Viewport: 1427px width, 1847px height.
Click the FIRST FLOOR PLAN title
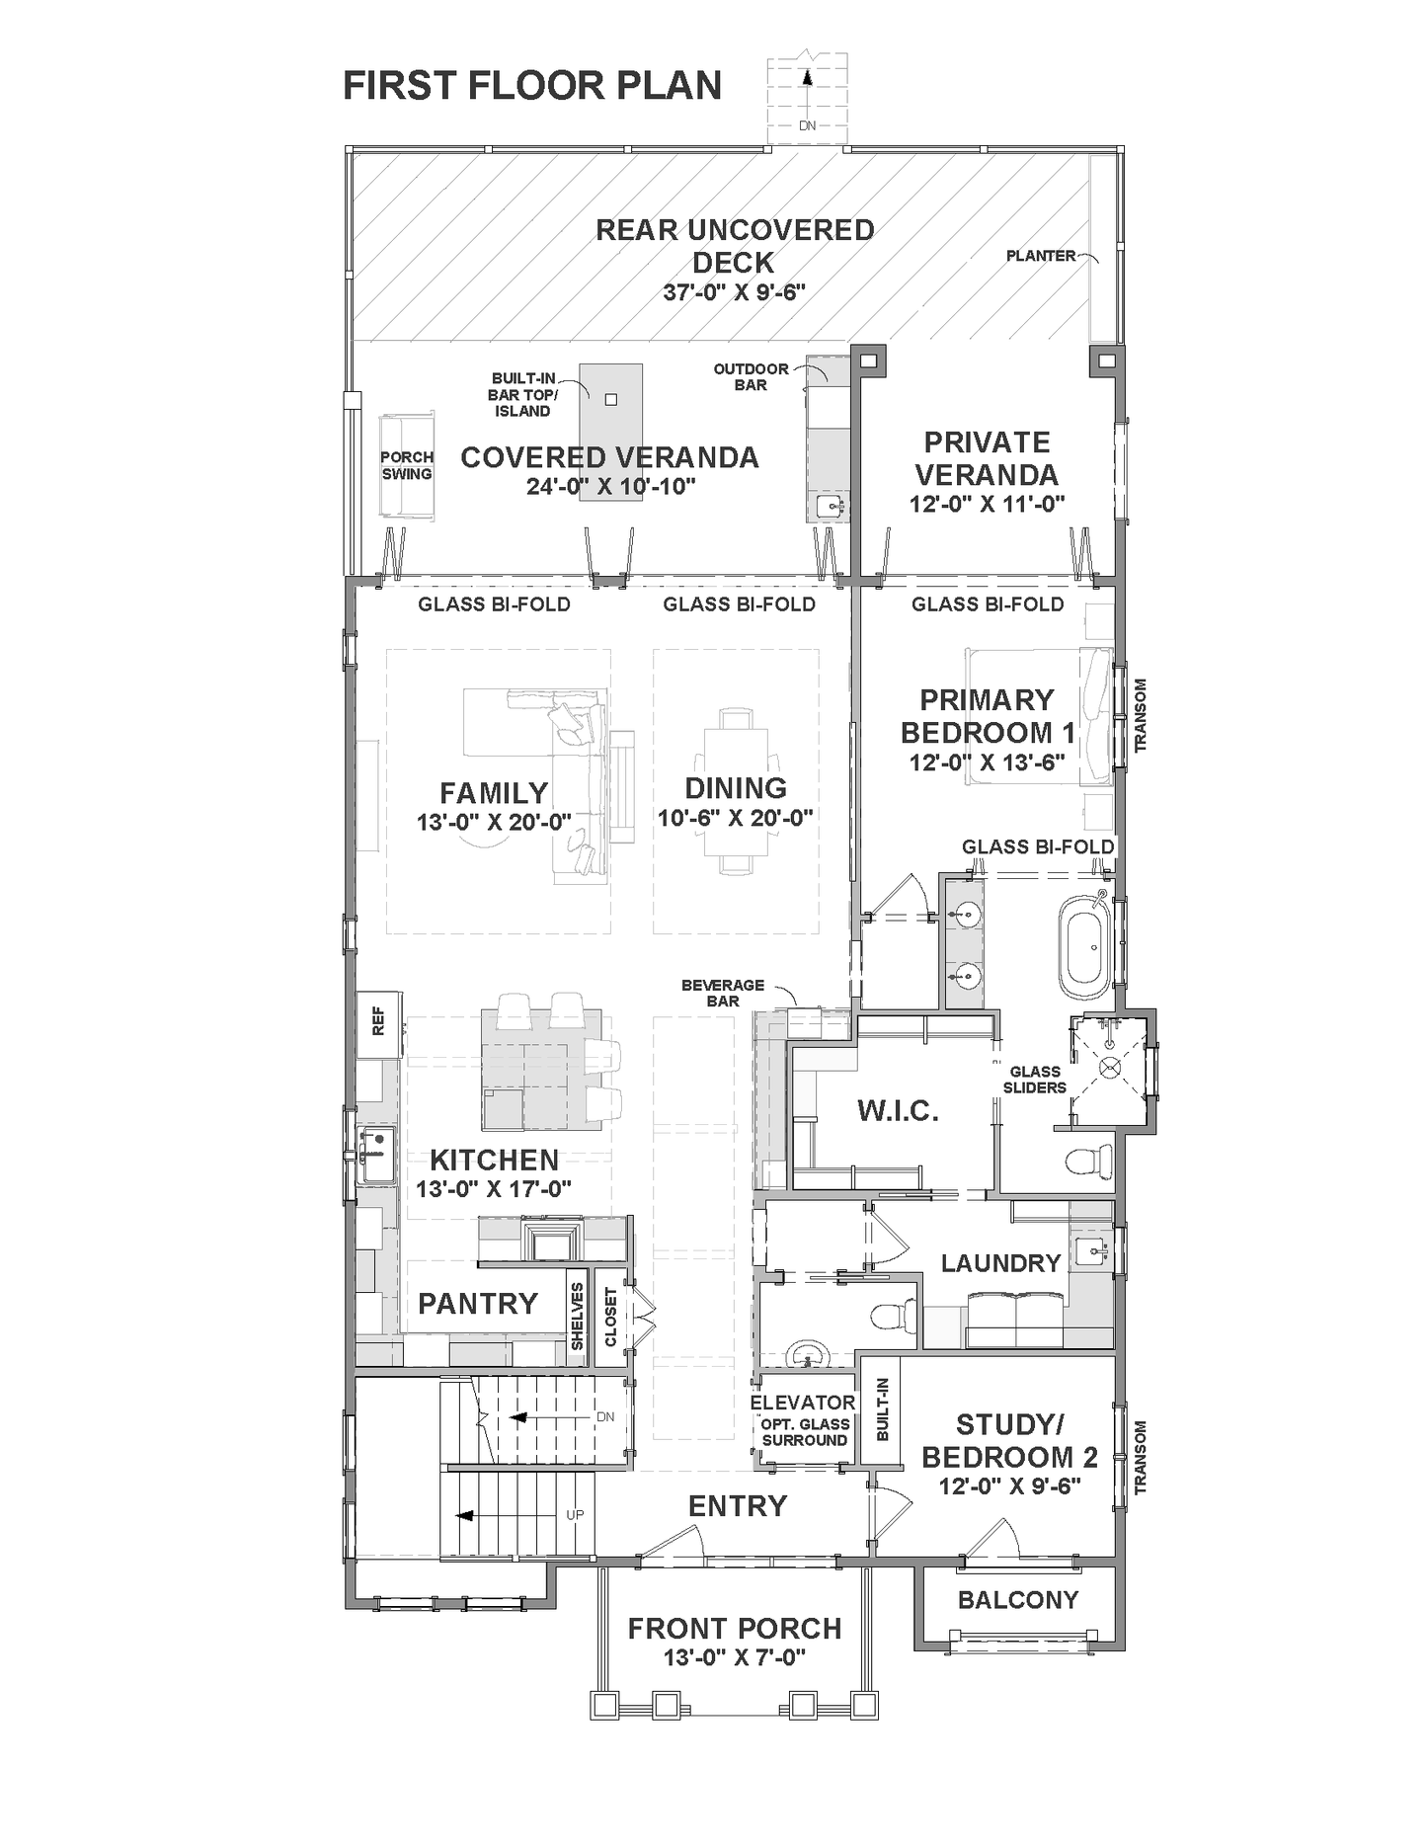click(x=531, y=86)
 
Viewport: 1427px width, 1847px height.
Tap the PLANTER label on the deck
click(x=1040, y=256)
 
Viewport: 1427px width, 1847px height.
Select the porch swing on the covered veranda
click(x=406, y=465)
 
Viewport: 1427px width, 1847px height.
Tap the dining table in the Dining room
click(x=735, y=790)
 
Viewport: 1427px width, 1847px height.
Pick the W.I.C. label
click(x=898, y=1111)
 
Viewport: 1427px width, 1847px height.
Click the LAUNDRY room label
click(x=1000, y=1263)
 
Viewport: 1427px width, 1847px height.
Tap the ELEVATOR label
click(x=803, y=1403)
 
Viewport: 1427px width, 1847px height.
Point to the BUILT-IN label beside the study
click(x=883, y=1409)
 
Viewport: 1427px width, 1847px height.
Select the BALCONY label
click(x=1018, y=1600)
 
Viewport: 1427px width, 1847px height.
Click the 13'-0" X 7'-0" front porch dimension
click(x=735, y=1657)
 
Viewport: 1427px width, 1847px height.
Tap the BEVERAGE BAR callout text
click(x=723, y=993)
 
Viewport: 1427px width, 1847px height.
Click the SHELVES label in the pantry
click(x=578, y=1316)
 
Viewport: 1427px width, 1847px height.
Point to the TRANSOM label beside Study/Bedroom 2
click(x=1141, y=1457)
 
